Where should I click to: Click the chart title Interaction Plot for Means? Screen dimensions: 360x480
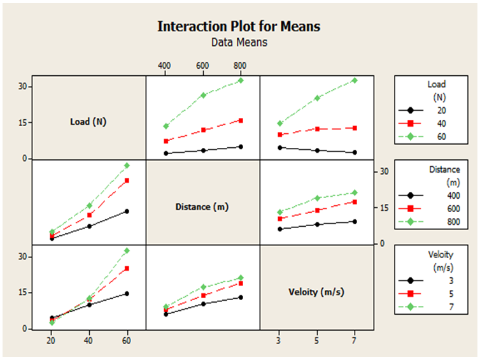[239, 26]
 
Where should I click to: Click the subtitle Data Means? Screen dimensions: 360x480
[239, 42]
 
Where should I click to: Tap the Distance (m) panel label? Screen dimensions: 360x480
[202, 206]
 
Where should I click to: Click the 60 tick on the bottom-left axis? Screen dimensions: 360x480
[127, 341]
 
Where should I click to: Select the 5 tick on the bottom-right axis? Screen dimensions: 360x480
[316, 341]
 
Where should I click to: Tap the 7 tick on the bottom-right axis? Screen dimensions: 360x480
[355, 341]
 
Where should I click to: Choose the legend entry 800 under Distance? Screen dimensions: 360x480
[435, 222]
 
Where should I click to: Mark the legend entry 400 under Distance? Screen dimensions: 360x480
[435, 195]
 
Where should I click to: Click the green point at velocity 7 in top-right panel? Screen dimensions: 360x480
[355, 80]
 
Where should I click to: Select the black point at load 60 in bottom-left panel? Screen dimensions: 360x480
[127, 294]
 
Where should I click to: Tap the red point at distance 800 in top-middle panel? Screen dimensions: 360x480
[241, 120]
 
